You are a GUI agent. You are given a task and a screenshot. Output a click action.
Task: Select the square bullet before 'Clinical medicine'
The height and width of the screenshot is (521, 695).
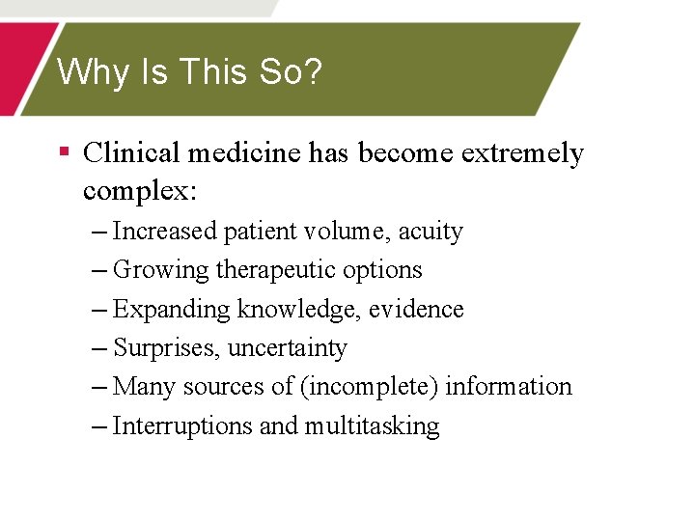(x=64, y=151)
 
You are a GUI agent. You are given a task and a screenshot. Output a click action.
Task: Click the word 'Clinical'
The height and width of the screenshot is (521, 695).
(x=132, y=152)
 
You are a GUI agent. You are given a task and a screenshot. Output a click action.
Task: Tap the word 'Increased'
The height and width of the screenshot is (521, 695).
(x=165, y=232)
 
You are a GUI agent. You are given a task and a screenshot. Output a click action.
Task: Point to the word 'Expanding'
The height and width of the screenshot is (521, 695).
(x=172, y=310)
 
